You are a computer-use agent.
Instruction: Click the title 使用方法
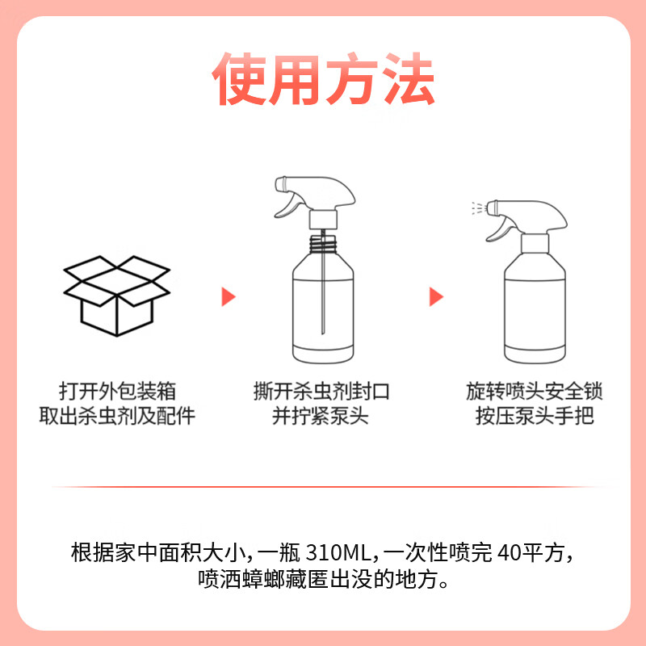click(323, 81)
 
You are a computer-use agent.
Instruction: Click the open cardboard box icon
click(118, 296)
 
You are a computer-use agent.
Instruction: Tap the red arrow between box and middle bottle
click(229, 296)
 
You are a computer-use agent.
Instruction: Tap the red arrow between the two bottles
click(436, 296)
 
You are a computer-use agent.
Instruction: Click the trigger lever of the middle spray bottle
click(288, 204)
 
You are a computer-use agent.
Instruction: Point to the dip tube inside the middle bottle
click(322, 291)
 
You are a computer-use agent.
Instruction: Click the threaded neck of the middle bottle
click(322, 240)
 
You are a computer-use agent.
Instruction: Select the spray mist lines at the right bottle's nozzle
click(476, 209)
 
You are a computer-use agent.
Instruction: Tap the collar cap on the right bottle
click(534, 242)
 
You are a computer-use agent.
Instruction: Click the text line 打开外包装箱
click(118, 392)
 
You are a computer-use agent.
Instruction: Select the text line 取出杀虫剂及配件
click(118, 417)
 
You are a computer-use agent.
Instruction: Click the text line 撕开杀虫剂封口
click(321, 392)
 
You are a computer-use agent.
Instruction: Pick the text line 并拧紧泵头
click(321, 417)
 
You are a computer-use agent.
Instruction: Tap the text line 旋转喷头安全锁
click(535, 392)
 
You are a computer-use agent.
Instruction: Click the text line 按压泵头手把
click(535, 417)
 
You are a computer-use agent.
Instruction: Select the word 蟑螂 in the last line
click(276, 580)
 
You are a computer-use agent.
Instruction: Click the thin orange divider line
click(323, 487)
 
